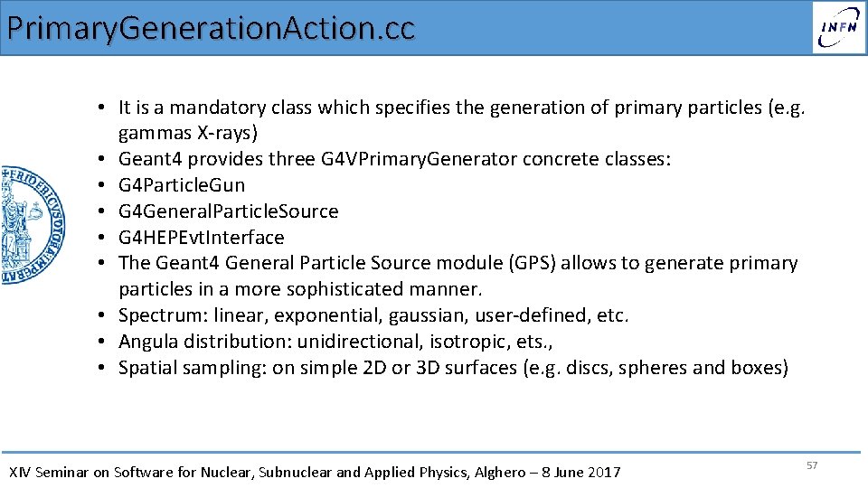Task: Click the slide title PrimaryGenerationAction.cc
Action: pyautogui.click(x=210, y=27)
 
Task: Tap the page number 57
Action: pyautogui.click(x=811, y=465)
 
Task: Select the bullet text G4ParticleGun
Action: pyautogui.click(x=182, y=185)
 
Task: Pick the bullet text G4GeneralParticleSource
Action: pyautogui.click(x=228, y=211)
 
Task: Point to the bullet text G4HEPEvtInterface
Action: pyautogui.click(x=201, y=238)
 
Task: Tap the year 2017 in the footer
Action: pyautogui.click(x=604, y=472)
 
